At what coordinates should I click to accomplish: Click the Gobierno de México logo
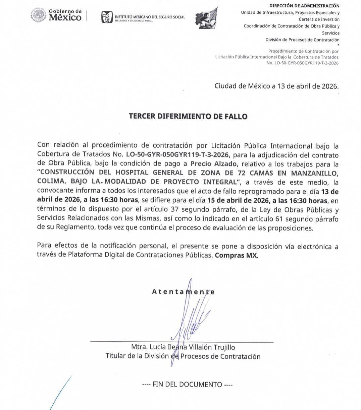[56, 15]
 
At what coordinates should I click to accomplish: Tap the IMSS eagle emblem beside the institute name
[107, 17]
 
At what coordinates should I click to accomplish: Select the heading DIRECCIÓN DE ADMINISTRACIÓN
[304, 6]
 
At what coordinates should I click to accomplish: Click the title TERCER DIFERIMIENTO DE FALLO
[188, 117]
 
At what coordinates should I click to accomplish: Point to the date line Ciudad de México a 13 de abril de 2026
[276, 86]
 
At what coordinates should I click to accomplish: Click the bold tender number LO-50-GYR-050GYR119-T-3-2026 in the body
[177, 155]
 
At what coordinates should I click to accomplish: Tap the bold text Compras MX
[236, 255]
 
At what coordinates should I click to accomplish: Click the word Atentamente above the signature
[183, 292]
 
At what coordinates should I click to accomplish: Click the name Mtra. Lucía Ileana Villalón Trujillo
[183, 347]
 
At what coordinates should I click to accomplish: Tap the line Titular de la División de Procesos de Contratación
[183, 356]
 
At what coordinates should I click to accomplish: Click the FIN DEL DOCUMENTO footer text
[187, 385]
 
